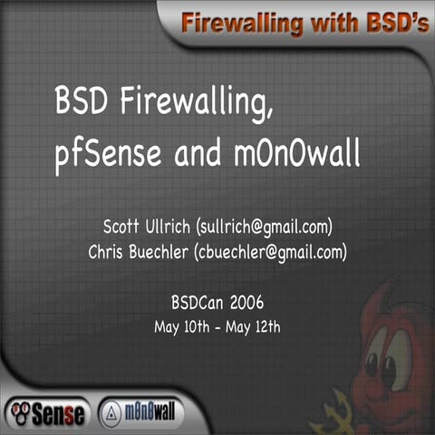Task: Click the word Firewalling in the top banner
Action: tap(235, 22)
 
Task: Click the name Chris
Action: tap(108, 250)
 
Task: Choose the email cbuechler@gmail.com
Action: tap(271, 251)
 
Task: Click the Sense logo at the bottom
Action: tap(47, 413)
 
